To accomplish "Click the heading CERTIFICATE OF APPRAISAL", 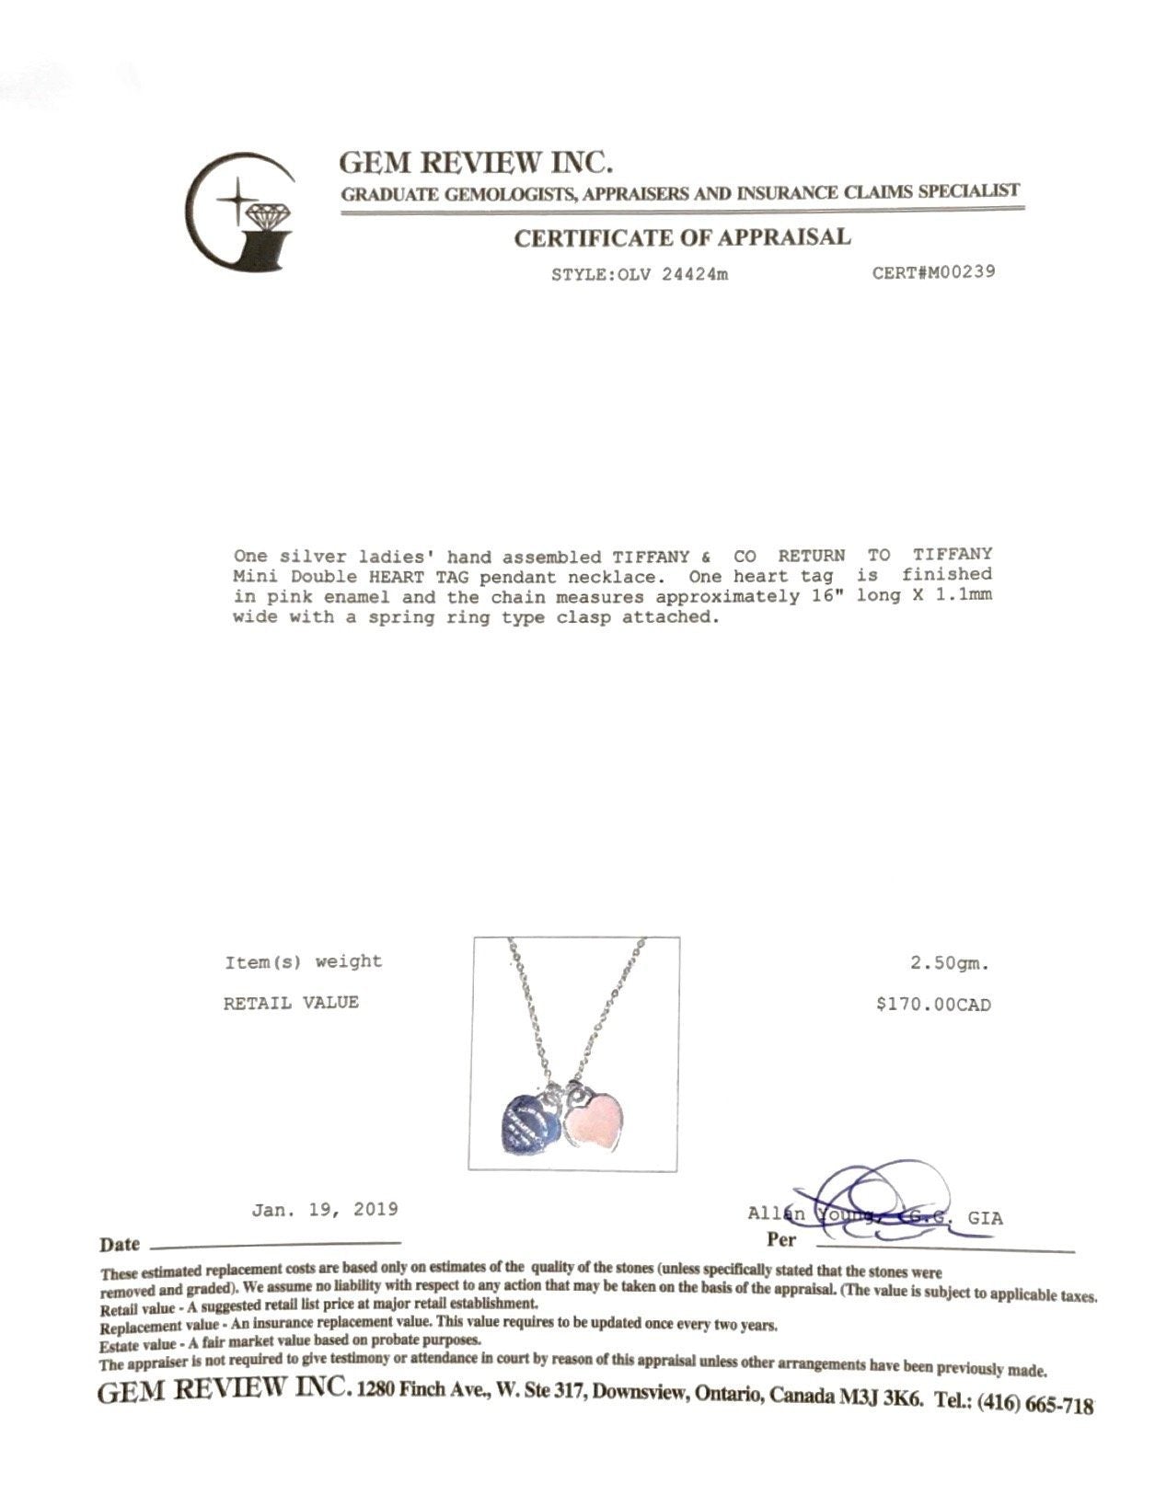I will [682, 237].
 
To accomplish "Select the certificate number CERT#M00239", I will [933, 272].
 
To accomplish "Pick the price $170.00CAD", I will [933, 1005].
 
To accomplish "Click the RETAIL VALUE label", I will [291, 1003].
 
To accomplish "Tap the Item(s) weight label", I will [303, 962].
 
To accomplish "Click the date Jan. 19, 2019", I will [325, 1209].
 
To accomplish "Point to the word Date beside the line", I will [120, 1245].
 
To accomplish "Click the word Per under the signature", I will [781, 1239].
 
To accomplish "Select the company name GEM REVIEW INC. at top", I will [476, 163].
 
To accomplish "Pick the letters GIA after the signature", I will [985, 1218].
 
